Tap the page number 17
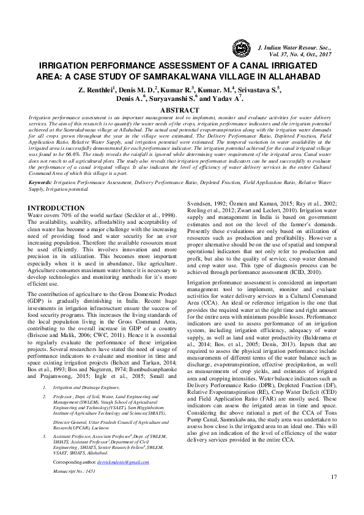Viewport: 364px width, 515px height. [333, 494]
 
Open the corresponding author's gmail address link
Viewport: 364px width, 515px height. [123, 462]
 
